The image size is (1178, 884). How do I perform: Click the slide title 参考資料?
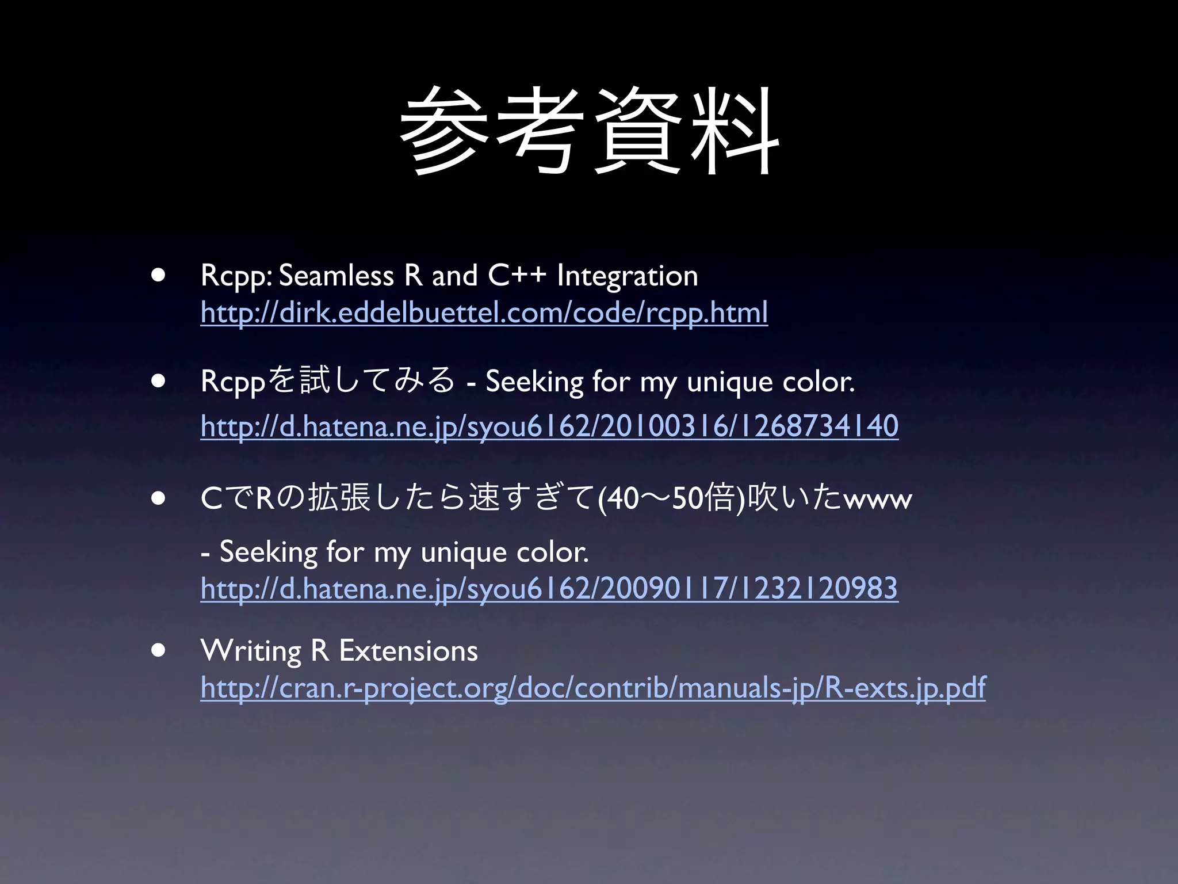pos(589,131)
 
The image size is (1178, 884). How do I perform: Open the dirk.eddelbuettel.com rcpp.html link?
pos(484,313)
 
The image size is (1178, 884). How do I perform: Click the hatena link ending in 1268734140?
pos(549,426)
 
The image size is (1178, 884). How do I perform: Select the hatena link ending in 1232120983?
pos(549,589)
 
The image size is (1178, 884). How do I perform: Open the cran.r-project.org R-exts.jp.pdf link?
pos(593,688)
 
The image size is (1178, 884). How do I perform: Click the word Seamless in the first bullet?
pos(336,276)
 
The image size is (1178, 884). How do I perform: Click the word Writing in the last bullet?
pos(251,651)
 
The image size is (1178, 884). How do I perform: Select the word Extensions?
pos(408,651)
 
